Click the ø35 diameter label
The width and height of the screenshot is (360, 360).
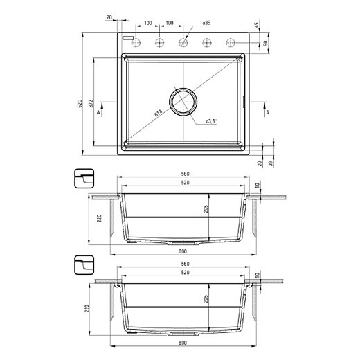[206, 23]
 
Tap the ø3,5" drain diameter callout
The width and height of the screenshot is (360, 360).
[212, 121]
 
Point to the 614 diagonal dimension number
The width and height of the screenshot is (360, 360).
[159, 113]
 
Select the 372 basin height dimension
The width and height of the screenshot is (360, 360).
[91, 103]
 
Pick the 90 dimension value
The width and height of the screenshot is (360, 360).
[266, 43]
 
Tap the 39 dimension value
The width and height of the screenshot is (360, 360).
[271, 163]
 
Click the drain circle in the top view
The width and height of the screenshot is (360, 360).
[183, 102]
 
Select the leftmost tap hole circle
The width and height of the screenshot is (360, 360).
[136, 43]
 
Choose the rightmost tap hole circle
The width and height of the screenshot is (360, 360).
[231, 43]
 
